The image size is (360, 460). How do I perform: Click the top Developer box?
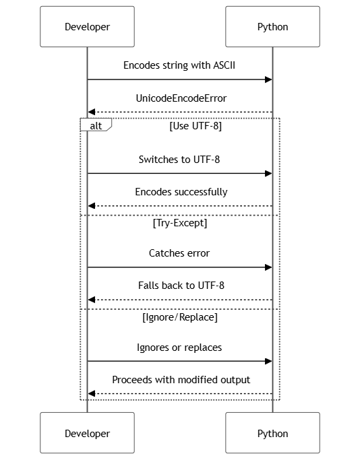pyautogui.click(x=87, y=27)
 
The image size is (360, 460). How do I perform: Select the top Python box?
pyautogui.click(x=272, y=27)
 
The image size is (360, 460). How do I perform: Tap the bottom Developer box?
pyautogui.click(x=87, y=433)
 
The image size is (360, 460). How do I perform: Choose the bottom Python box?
pyautogui.click(x=272, y=433)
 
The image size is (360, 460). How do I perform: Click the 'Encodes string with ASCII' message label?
pyautogui.click(x=179, y=65)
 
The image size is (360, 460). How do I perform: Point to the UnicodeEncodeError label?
pyautogui.click(x=181, y=98)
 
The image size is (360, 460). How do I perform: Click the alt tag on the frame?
pyautogui.click(x=96, y=125)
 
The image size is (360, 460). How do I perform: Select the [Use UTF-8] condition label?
pyautogui.click(x=196, y=126)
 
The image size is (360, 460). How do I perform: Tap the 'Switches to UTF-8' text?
pyautogui.click(x=179, y=160)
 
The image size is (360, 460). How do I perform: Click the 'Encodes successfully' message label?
pyautogui.click(x=181, y=192)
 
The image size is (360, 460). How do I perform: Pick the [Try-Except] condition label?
pyautogui.click(x=180, y=223)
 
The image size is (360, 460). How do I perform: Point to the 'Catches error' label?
pyautogui.click(x=179, y=253)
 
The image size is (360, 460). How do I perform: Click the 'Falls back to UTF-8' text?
pyautogui.click(x=181, y=286)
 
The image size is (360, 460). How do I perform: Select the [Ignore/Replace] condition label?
pyautogui.click(x=180, y=317)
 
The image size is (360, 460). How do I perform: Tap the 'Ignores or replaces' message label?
pyautogui.click(x=179, y=348)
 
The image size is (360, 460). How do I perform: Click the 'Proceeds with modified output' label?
pyautogui.click(x=181, y=380)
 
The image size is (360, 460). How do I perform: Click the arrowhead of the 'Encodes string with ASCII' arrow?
pyautogui.click(x=268, y=79)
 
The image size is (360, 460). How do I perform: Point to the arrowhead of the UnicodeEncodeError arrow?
pyautogui.click(x=92, y=112)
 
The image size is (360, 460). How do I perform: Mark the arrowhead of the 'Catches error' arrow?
pyautogui.click(x=268, y=267)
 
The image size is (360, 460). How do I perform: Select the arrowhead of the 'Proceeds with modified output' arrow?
pyautogui.click(x=92, y=393)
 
